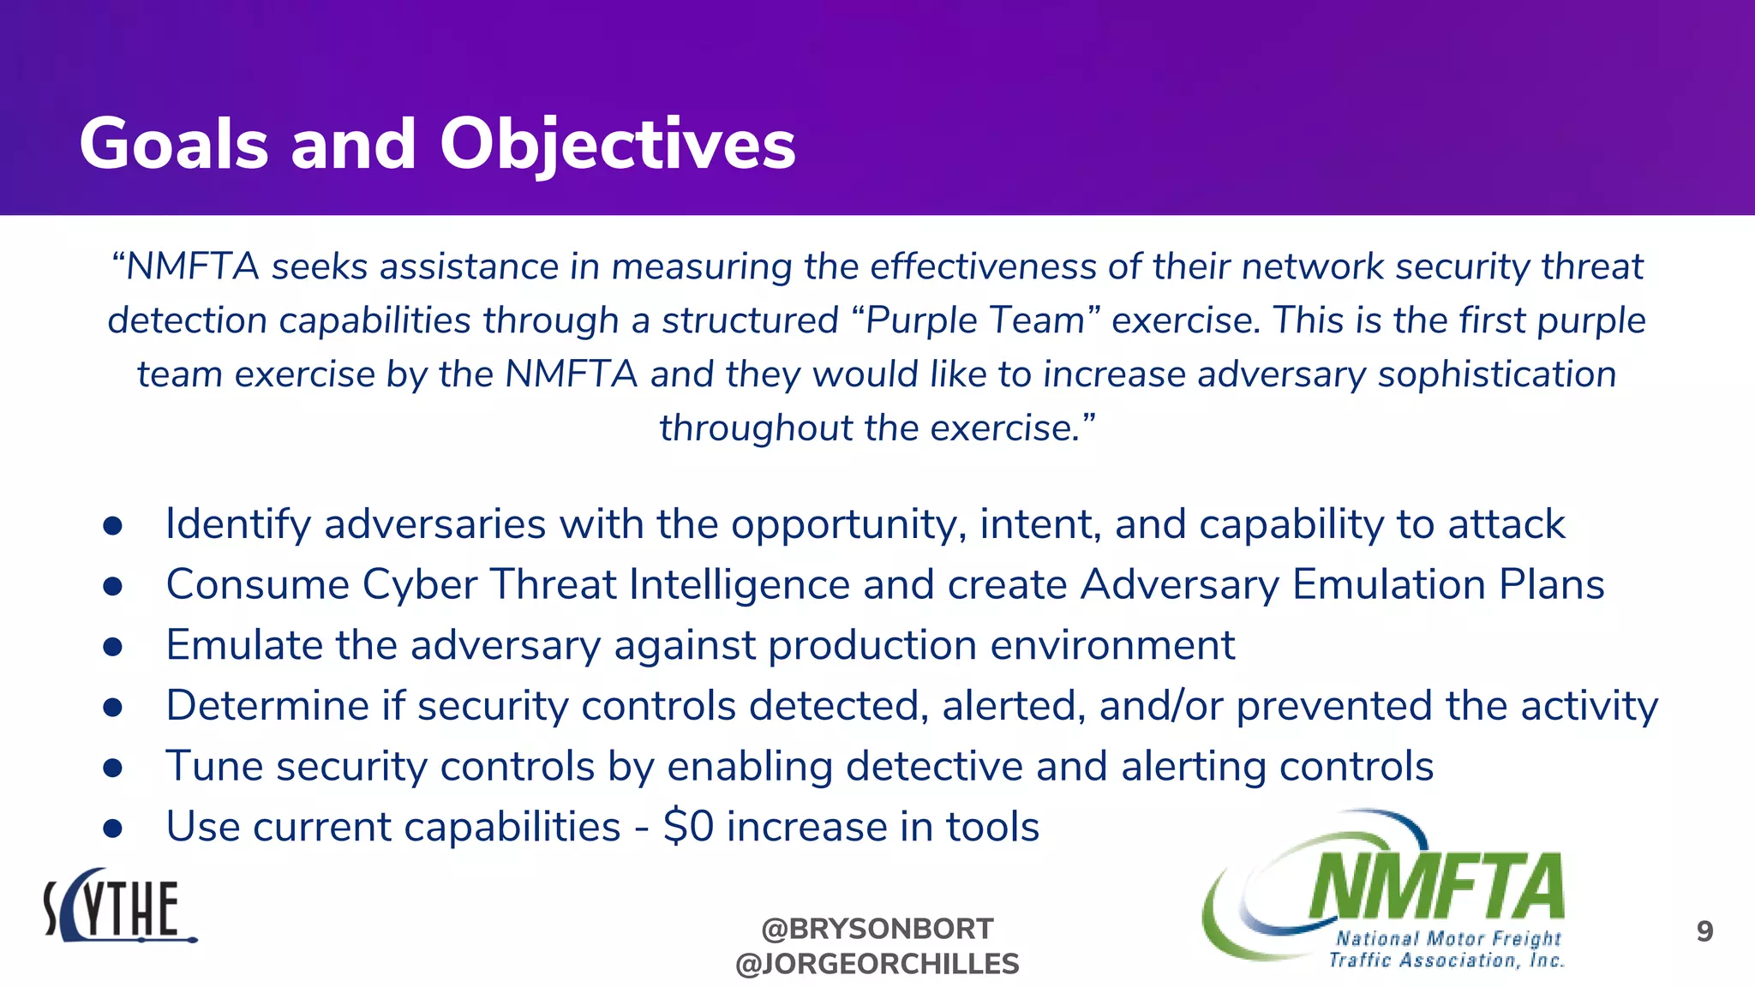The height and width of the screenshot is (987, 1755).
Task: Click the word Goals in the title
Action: tap(174, 144)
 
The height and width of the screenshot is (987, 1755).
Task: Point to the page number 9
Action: tap(1704, 931)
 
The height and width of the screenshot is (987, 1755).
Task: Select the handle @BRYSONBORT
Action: tap(877, 928)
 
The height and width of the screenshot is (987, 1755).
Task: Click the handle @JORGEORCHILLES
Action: tap(877, 964)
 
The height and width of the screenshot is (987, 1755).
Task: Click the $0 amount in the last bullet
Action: tap(688, 827)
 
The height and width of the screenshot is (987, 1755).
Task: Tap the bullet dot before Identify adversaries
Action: tap(113, 525)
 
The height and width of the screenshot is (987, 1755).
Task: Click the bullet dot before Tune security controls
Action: tap(113, 768)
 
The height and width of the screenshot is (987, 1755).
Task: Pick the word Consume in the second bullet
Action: tap(257, 584)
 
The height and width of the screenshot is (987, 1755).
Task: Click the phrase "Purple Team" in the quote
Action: tap(976, 320)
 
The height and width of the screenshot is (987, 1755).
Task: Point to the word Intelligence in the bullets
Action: tap(739, 584)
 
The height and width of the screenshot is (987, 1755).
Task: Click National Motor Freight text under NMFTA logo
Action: tap(1448, 938)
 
